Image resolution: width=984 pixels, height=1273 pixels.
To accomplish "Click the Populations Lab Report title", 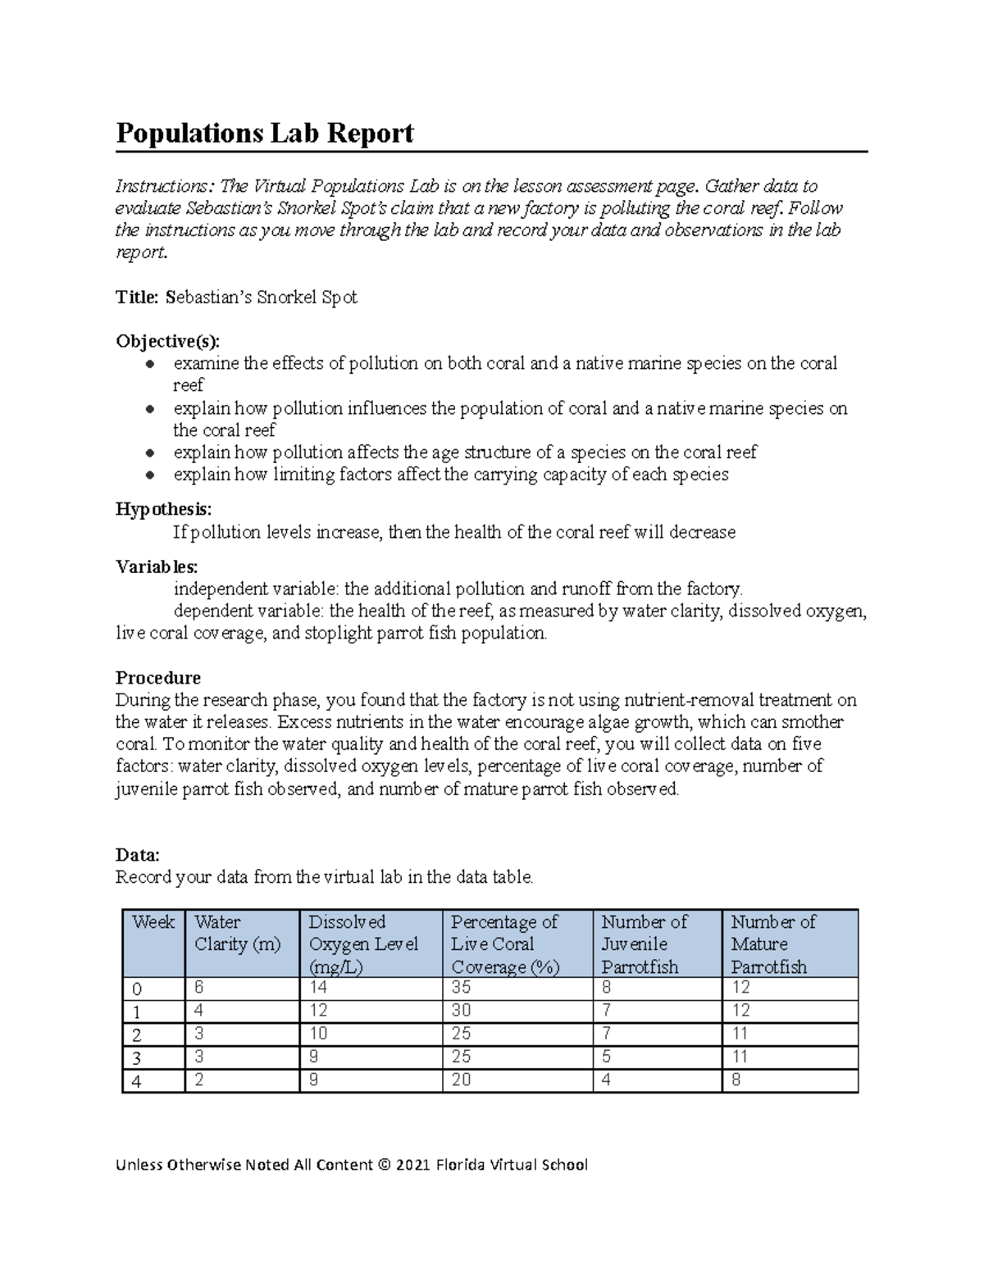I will coord(264,133).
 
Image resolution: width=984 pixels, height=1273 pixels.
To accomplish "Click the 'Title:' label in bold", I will coord(137,298).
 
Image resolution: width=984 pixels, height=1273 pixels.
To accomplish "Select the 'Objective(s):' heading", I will coord(167,341).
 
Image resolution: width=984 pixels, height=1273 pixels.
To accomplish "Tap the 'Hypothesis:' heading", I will coord(163,510).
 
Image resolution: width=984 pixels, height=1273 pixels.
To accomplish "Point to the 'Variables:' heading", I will coord(156,566).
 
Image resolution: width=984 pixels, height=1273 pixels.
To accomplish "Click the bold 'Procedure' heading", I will coord(157,678).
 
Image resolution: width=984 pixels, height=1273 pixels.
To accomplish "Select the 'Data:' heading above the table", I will coord(137,855).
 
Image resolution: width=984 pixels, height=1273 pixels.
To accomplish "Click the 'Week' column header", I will coord(153,922).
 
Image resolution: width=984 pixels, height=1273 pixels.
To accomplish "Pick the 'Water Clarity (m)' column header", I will coord(237,933).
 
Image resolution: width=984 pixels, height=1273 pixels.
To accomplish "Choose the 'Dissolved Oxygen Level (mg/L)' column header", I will coord(363,944).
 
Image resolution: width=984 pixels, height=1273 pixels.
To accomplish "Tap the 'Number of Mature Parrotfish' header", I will coord(772,944).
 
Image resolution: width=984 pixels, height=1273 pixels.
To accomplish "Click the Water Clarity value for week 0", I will coord(199,988).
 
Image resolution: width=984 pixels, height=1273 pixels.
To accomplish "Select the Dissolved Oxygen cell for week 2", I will coord(317,1034).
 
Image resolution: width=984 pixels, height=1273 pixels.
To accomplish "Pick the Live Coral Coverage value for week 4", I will coord(461,1080).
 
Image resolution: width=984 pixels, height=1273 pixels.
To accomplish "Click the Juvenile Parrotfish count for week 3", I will coord(606,1057).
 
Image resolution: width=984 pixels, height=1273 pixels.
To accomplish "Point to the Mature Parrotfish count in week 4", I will coord(736,1080).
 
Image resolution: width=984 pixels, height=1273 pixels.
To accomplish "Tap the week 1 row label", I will coord(136,1012).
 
